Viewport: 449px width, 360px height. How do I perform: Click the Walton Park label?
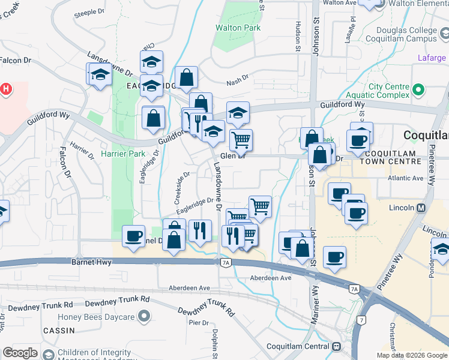[x=238, y=28]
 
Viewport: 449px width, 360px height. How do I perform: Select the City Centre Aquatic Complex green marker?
[x=420, y=91]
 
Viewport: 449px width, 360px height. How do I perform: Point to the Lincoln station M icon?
[x=421, y=208]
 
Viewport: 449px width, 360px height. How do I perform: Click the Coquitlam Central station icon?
[x=337, y=346]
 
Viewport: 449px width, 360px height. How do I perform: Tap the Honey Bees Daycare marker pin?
[x=143, y=316]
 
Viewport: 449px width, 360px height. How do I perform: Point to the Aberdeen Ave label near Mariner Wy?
[x=271, y=278]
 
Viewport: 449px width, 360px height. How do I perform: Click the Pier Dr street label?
[x=199, y=322]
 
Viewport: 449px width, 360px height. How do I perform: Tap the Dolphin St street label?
[x=214, y=343]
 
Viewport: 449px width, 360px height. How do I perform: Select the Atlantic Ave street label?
[x=405, y=178]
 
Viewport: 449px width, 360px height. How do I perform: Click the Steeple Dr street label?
[x=89, y=13]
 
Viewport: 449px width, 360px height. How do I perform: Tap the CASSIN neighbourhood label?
[x=58, y=331]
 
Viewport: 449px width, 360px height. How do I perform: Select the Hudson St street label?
[x=297, y=37]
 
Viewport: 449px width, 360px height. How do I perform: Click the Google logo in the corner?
[x=20, y=353]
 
